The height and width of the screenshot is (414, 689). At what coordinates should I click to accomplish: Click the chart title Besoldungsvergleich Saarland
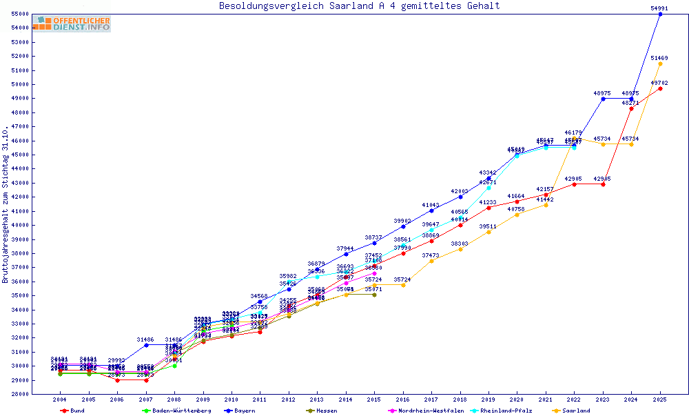[x=359, y=6]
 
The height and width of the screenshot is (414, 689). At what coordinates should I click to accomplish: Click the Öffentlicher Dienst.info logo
[x=71, y=24]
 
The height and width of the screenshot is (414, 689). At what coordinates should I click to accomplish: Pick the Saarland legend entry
[x=575, y=411]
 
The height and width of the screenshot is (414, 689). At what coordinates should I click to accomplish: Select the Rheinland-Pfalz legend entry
[x=506, y=411]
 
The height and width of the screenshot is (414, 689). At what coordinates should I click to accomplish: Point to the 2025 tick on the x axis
[x=660, y=400]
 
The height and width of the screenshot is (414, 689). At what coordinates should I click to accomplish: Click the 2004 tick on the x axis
[x=60, y=400]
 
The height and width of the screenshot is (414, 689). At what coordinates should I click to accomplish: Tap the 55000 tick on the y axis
[x=20, y=14]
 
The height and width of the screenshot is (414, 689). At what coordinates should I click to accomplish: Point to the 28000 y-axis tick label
[x=20, y=394]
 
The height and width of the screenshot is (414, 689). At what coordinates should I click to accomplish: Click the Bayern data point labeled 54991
[x=660, y=14]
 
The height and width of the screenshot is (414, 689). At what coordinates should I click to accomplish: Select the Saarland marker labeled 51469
[x=660, y=63]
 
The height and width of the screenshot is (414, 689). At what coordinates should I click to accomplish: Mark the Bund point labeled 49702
[x=660, y=88]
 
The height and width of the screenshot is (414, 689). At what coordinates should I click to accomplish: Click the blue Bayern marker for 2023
[x=603, y=99]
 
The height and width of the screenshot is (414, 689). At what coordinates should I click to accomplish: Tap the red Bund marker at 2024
[x=631, y=108]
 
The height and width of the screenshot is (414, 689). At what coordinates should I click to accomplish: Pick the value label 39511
[x=488, y=226]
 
